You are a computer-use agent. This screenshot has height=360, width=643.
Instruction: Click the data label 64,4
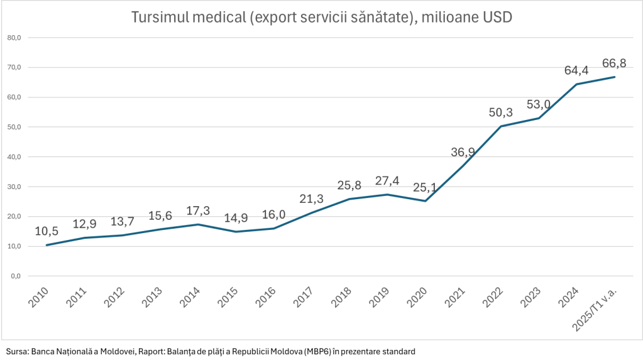click(x=577, y=70)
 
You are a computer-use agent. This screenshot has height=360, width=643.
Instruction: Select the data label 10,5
click(x=47, y=231)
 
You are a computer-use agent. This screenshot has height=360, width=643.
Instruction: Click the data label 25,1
click(x=426, y=187)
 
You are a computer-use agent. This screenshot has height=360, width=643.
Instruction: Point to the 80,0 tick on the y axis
click(x=14, y=38)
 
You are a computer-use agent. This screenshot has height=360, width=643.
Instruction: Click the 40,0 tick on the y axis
click(x=14, y=157)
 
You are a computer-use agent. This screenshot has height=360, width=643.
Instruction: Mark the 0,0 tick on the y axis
click(x=16, y=276)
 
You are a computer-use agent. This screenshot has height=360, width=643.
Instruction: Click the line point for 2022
click(x=501, y=126)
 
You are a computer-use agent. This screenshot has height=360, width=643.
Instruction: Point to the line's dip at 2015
click(x=236, y=232)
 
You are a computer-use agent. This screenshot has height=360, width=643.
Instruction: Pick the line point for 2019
click(x=388, y=194)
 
